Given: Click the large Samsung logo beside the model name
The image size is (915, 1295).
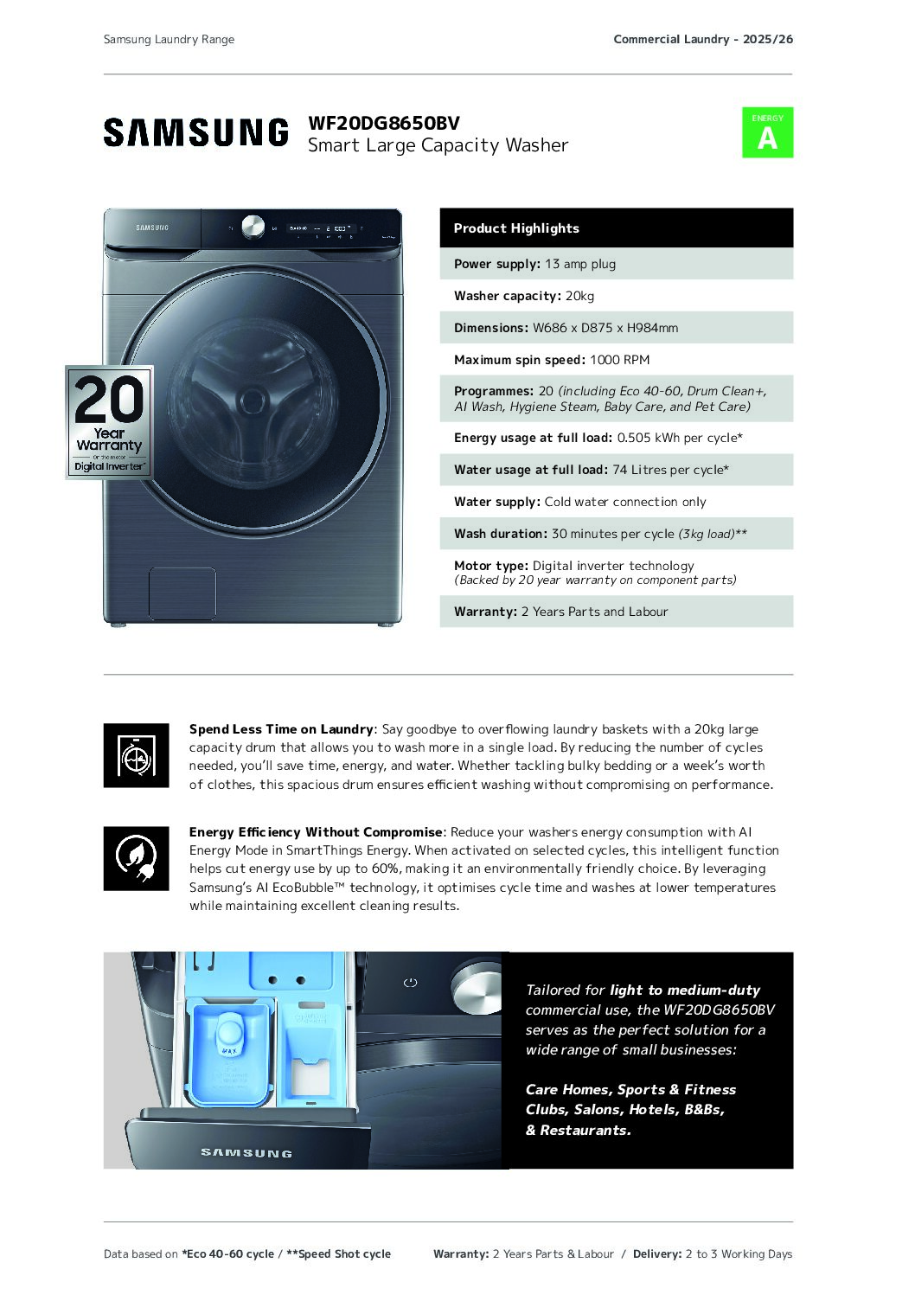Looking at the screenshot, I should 195,132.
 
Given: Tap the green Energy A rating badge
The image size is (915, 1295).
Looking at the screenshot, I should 767,132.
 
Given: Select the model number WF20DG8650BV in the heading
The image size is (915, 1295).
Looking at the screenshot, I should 384,123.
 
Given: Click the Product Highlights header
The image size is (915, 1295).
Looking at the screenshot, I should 516,228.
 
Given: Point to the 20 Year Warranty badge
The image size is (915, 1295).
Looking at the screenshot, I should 110,422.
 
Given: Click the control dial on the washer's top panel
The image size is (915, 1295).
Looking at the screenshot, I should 253,227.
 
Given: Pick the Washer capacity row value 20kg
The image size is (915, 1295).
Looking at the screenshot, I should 579,296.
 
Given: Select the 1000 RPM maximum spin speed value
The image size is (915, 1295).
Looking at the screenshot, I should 619,360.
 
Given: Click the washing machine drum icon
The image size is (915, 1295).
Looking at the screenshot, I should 136,755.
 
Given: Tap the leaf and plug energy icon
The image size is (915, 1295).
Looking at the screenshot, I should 136,858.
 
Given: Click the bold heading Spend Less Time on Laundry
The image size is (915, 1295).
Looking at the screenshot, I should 281,729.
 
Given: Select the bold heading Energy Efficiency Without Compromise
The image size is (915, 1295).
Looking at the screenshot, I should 316,832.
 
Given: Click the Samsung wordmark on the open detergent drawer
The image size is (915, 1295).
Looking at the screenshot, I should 246,1152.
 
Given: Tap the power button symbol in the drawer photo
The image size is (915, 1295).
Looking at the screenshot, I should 410,983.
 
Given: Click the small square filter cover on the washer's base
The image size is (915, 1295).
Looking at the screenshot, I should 182,593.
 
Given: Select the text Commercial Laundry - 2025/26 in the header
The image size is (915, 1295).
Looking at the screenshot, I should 702,39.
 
